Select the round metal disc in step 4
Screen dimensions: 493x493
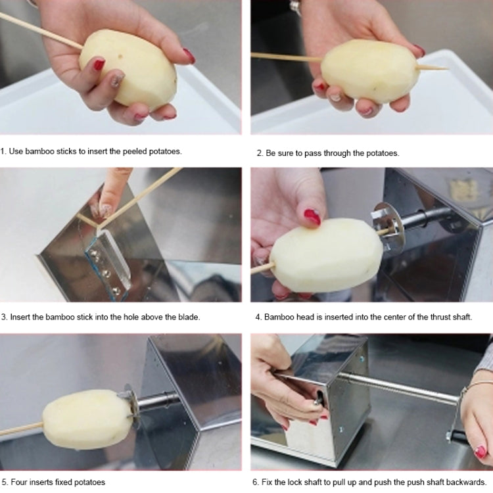387,227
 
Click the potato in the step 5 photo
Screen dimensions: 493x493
87,419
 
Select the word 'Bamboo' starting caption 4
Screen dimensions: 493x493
278,317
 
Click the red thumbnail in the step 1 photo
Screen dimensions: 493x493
99,64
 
